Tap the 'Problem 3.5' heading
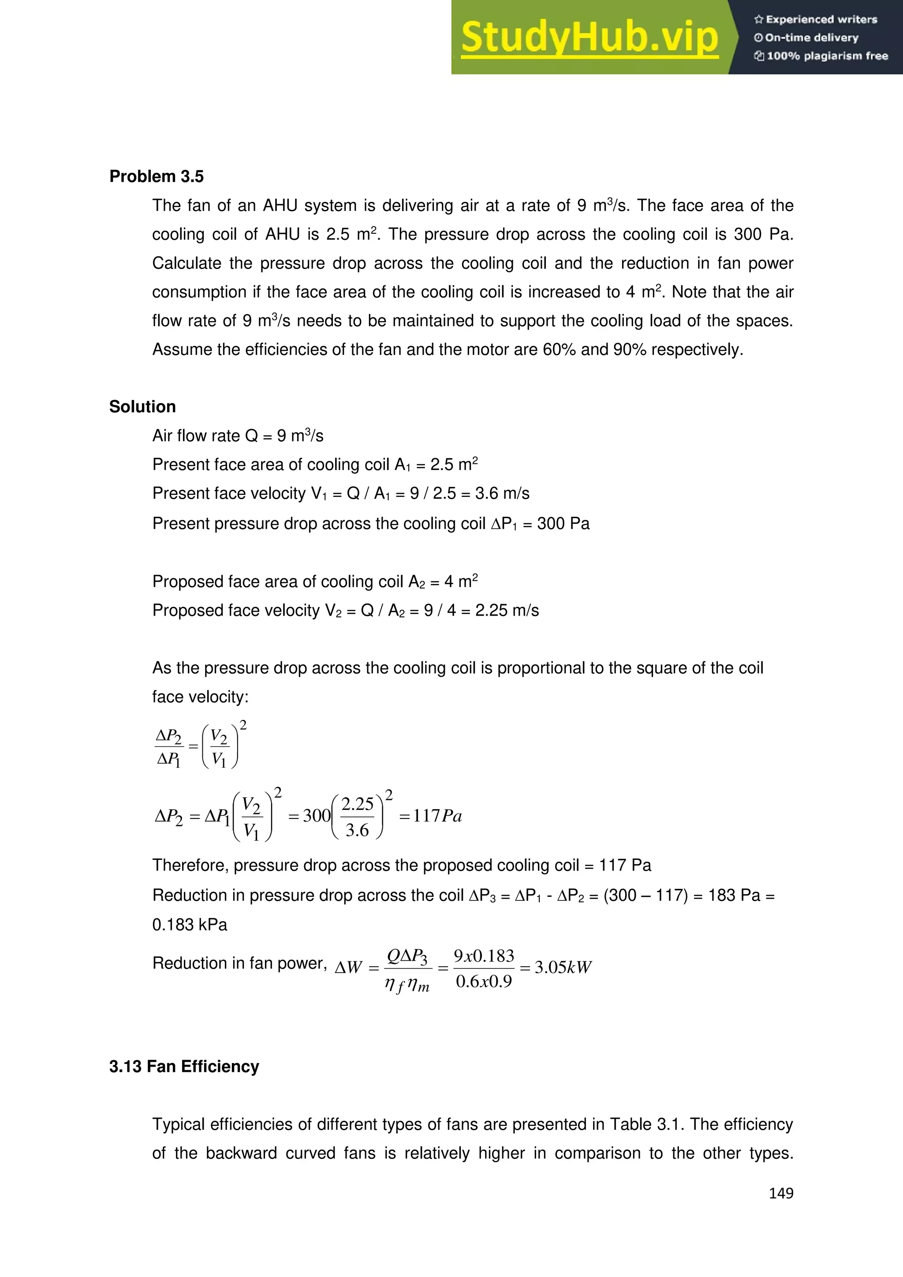coord(156,176)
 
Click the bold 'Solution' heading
coord(142,407)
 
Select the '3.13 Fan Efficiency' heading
coord(184,1066)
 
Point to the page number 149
coord(781,1193)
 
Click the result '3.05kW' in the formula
coord(563,967)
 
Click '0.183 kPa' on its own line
coord(190,924)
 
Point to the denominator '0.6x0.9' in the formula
coord(484,981)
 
